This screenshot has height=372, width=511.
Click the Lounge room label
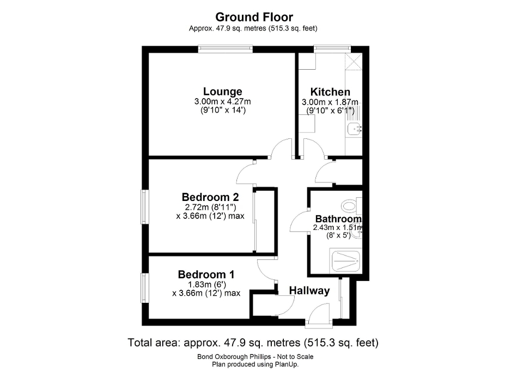(222, 92)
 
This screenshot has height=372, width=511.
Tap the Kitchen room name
(330, 92)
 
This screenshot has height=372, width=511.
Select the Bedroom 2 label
(210, 197)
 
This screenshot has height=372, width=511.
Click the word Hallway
(309, 291)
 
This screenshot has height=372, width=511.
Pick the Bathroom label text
(338, 219)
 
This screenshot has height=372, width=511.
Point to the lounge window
(226, 49)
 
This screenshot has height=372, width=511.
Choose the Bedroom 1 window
(145, 289)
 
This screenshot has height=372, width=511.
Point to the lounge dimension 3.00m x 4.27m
(222, 102)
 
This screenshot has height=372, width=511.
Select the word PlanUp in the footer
(287, 364)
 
